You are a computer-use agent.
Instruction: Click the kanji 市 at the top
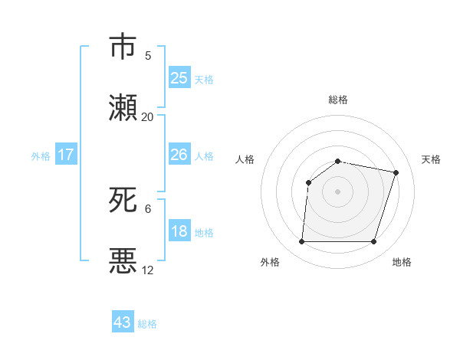[123, 47]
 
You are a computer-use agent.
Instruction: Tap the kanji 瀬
[123, 108]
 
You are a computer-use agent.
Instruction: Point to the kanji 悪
[123, 261]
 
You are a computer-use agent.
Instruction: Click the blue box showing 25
[179, 78]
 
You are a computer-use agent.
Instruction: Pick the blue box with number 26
[179, 155]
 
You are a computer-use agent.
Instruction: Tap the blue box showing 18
[179, 231]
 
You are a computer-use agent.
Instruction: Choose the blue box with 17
[66, 155]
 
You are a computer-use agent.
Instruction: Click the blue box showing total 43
[123, 322]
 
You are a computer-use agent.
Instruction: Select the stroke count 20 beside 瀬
[147, 117]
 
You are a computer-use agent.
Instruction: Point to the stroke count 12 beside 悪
[147, 270]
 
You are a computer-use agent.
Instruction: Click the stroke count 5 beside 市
[147, 56]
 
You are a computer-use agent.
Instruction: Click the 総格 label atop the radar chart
[338, 100]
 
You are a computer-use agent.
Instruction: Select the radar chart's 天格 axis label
[432, 159]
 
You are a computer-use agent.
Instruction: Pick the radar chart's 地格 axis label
[402, 262]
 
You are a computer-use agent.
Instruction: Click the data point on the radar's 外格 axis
[302, 242]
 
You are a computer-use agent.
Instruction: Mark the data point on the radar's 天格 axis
[396, 172]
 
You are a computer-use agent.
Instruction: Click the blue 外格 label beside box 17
[41, 155]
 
